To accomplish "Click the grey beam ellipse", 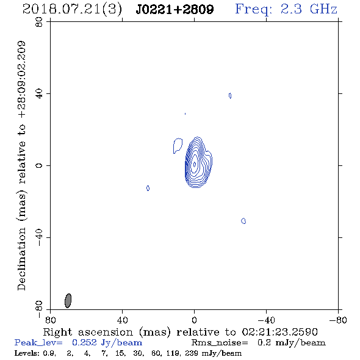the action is pyautogui.click(x=68, y=301).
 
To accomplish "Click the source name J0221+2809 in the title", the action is pyautogui.click(x=175, y=9).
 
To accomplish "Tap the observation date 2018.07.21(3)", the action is pyautogui.click(x=72, y=10).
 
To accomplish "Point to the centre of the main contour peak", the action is pyautogui.click(x=195, y=164).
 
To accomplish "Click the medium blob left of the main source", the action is pyautogui.click(x=178, y=146).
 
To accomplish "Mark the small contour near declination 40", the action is pyautogui.click(x=230, y=96).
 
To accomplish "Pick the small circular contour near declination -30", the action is pyautogui.click(x=243, y=221).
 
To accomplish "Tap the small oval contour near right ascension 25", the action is pyautogui.click(x=148, y=189).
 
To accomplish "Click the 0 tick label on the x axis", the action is pyautogui.click(x=194, y=320).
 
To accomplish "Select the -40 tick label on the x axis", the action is pyautogui.click(x=266, y=320).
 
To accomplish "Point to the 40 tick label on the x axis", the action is pyautogui.click(x=122, y=320).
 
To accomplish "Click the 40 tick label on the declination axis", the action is pyautogui.click(x=39, y=94).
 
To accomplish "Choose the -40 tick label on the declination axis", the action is pyautogui.click(x=39, y=237).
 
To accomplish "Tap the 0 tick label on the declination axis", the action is pyautogui.click(x=39, y=165).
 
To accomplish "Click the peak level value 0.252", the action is pyautogui.click(x=84, y=342).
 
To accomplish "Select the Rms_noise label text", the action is pyautogui.click(x=220, y=343).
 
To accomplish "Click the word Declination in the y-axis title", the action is pyautogui.click(x=21, y=259).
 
